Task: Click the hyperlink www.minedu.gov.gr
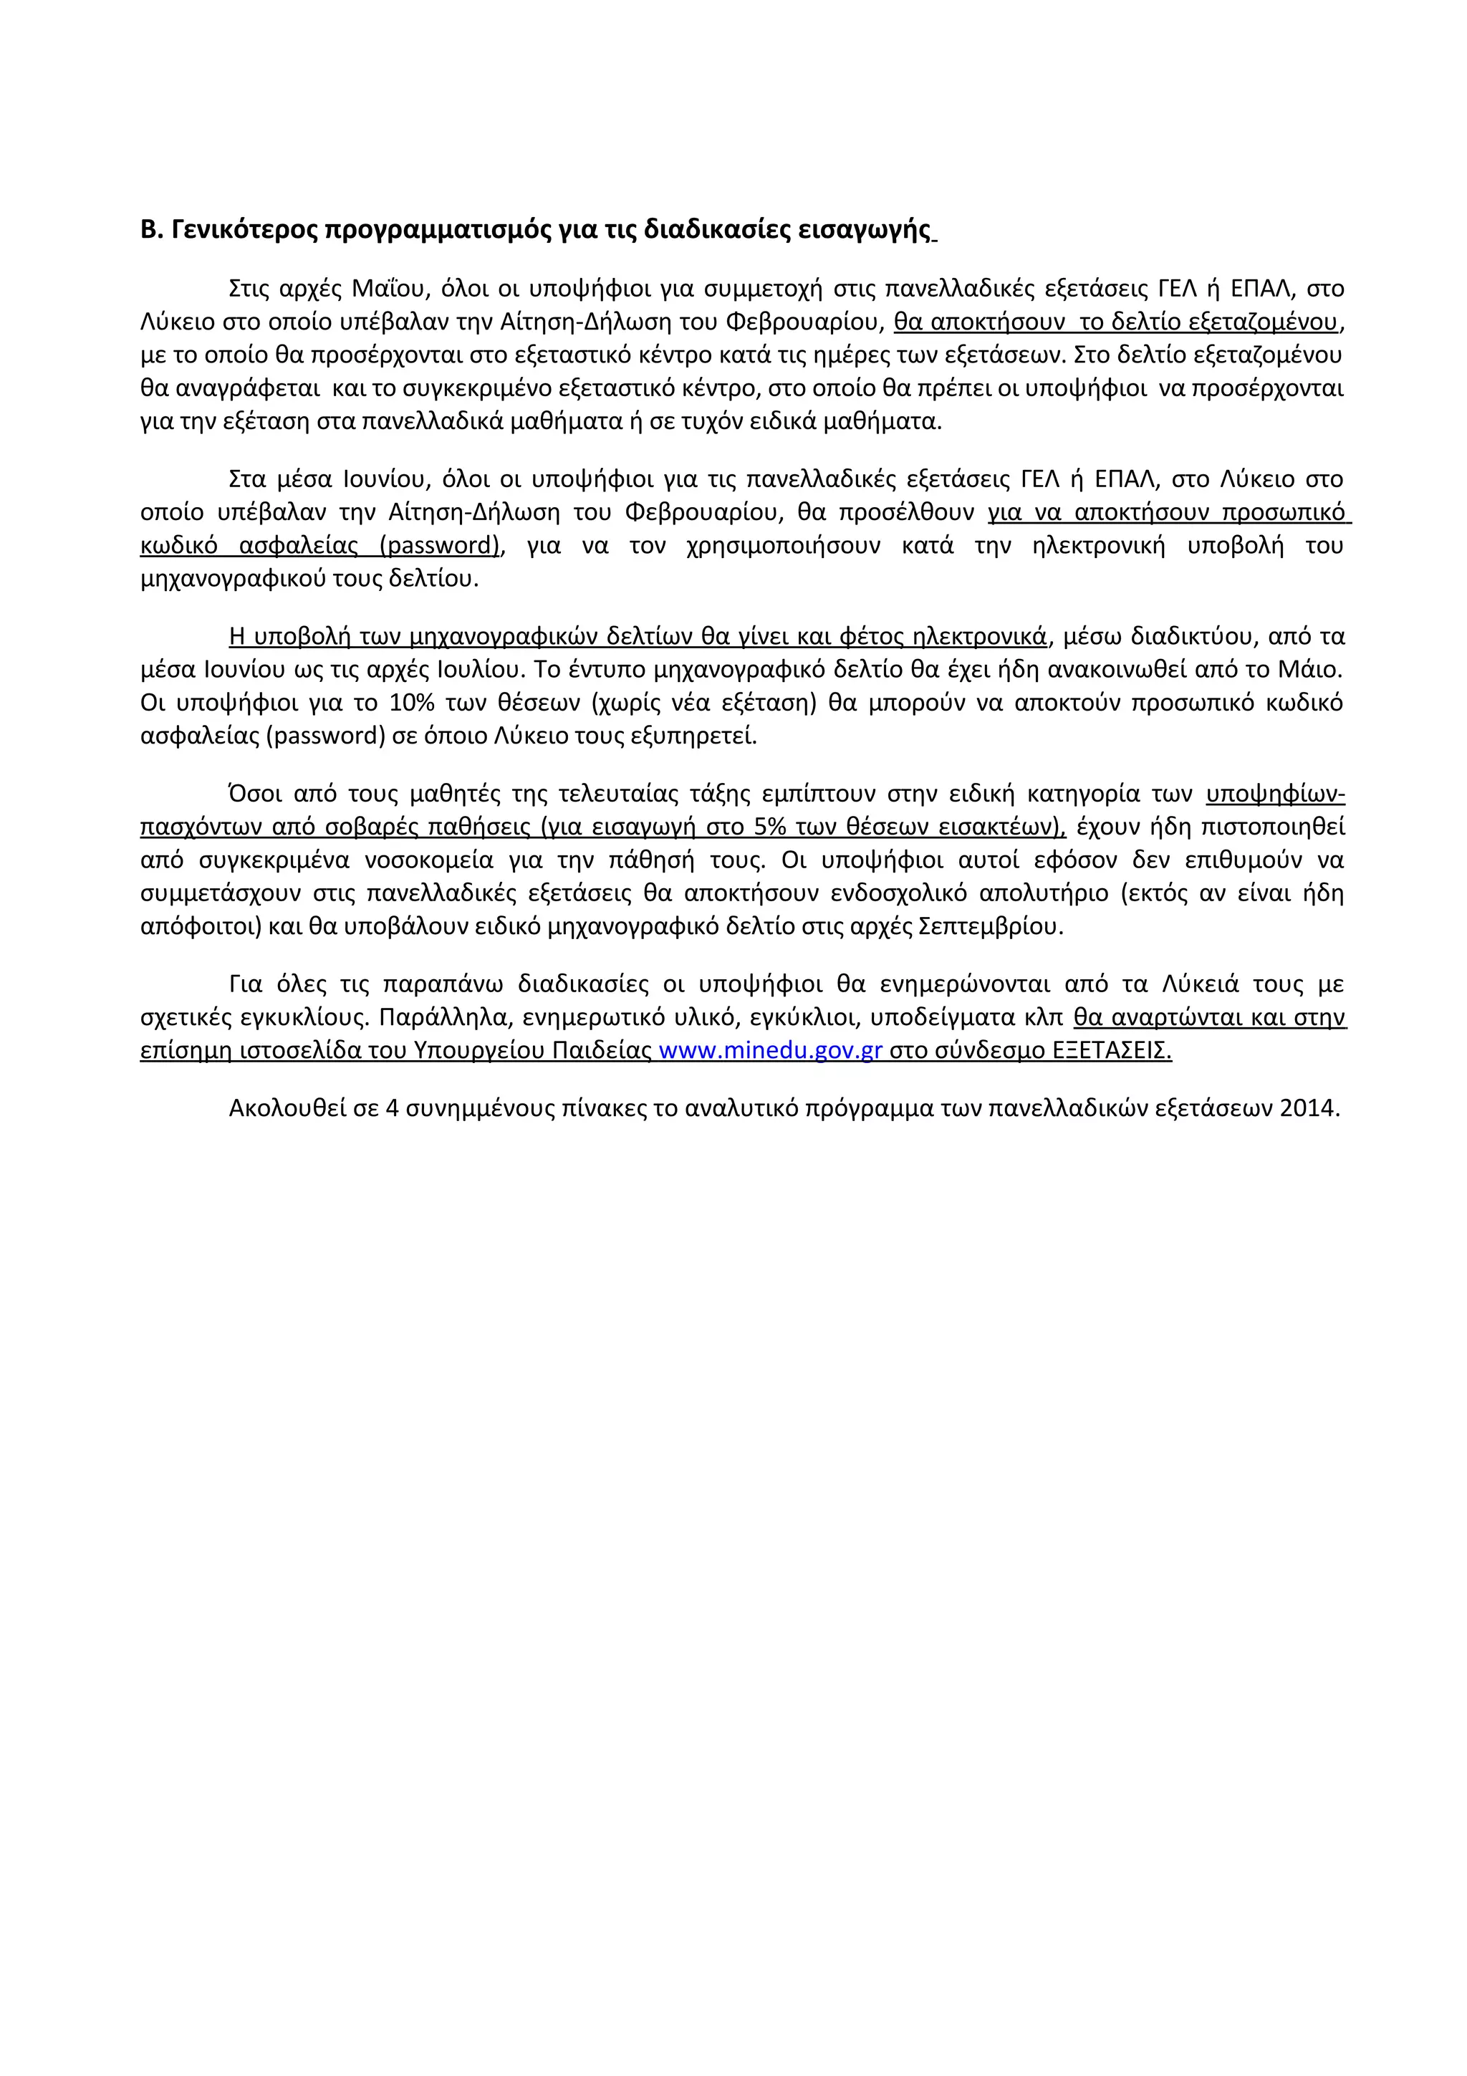pyautogui.click(x=770, y=1051)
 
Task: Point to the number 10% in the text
pyautogui.click(x=411, y=703)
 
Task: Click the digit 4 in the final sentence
pyautogui.click(x=393, y=1108)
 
